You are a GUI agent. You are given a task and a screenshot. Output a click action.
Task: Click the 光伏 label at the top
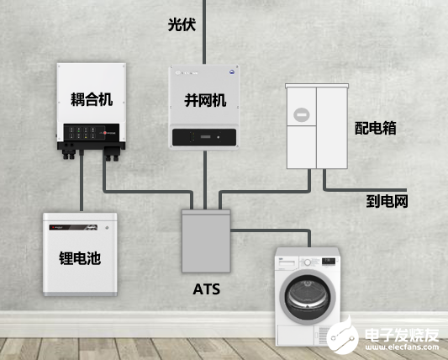[x=182, y=24]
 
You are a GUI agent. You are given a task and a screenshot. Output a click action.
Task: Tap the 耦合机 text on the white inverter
[x=92, y=99]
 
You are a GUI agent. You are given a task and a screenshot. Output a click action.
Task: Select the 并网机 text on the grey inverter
[x=205, y=100]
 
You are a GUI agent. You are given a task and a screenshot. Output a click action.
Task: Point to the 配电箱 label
[x=376, y=128]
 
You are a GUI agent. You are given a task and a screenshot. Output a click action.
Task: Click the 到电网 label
[x=387, y=201]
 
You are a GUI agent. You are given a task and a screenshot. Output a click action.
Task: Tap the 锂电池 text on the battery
[x=80, y=258]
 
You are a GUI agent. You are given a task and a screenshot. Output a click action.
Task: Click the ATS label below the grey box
[x=206, y=289]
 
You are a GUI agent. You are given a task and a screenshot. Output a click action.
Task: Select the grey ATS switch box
[x=206, y=241]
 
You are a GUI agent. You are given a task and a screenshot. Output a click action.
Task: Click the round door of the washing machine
[x=308, y=297]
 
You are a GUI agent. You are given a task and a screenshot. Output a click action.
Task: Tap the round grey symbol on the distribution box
[x=302, y=115]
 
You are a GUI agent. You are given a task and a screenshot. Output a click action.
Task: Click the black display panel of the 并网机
[x=204, y=137]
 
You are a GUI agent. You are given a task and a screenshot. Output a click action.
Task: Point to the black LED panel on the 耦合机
[x=91, y=132]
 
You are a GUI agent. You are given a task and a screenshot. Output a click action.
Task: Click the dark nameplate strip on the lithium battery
[x=73, y=228]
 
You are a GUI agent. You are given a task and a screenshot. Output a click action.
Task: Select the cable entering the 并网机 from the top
[x=204, y=32]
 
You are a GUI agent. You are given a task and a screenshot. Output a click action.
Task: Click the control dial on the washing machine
[x=308, y=262]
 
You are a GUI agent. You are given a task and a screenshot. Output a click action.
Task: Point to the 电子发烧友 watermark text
[x=402, y=335]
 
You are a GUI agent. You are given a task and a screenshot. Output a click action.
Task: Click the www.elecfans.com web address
[x=402, y=347]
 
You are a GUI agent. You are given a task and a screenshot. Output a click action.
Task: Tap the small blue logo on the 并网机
[x=232, y=72]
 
